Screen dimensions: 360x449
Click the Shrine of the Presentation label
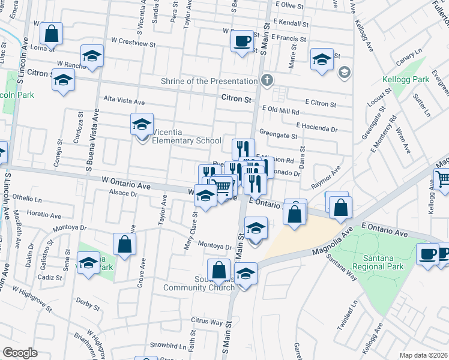[x=208, y=81]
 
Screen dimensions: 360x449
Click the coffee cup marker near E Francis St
[x=243, y=41]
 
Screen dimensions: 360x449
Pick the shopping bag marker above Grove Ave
[x=124, y=244]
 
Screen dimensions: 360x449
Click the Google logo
[x=20, y=352]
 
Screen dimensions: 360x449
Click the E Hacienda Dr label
[x=317, y=128]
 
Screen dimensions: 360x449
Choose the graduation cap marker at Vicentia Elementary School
[x=142, y=125]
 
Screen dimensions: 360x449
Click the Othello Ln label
[x=27, y=197]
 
